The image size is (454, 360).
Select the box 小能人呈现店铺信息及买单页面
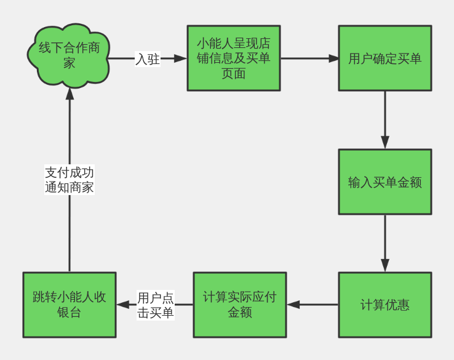(x=233, y=58)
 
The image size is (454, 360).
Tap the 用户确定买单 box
(x=384, y=58)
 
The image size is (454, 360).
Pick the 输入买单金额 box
(x=384, y=182)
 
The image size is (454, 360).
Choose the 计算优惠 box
(x=384, y=305)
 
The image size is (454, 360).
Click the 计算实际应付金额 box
(x=239, y=305)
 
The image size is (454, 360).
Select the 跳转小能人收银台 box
(x=69, y=305)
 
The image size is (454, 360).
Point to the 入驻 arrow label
(x=148, y=59)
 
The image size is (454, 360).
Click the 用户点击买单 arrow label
(x=155, y=305)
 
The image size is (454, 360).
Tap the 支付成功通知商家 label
(x=69, y=180)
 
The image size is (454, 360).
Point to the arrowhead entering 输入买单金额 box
(x=385, y=143)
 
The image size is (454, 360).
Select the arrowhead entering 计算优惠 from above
(x=385, y=266)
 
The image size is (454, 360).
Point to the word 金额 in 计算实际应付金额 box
(x=239, y=312)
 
